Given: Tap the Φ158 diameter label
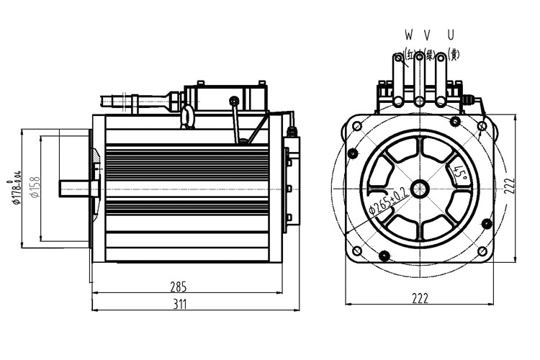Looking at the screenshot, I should click(33, 189).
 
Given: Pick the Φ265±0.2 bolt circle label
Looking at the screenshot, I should click(388, 199).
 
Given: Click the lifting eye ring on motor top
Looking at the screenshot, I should click(189, 114).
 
